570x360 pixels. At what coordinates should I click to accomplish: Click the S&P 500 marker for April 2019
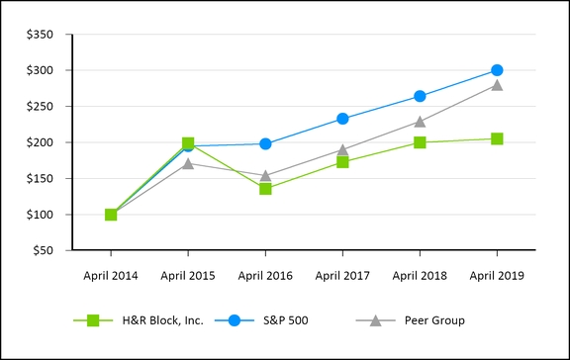point(497,70)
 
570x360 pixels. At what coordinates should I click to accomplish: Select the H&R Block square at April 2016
point(265,188)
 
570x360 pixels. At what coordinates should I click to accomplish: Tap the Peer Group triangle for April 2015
point(188,162)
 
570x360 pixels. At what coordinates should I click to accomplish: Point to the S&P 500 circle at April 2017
point(342,119)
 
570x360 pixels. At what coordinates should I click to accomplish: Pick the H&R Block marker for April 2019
point(497,138)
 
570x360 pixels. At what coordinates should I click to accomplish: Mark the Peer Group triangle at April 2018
point(420,122)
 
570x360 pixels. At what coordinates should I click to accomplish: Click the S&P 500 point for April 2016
point(265,143)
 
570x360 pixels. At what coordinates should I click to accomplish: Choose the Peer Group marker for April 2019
point(497,85)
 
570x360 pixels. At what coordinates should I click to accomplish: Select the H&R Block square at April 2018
point(420,142)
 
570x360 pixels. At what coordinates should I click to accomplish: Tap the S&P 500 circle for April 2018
point(420,96)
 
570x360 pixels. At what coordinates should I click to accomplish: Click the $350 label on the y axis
point(41,35)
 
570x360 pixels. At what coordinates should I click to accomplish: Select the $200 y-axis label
point(41,142)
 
